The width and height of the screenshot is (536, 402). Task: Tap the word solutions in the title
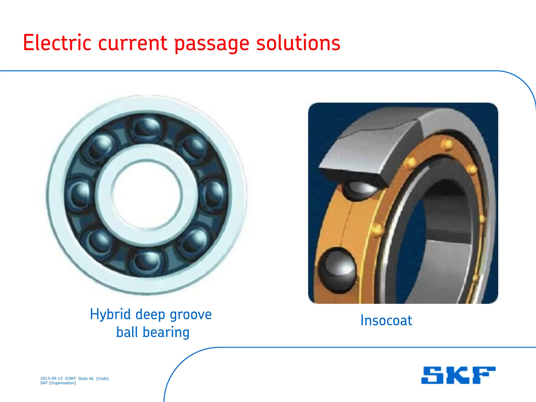point(298,43)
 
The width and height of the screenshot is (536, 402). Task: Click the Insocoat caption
point(386,320)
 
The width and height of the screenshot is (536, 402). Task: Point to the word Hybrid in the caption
point(110,315)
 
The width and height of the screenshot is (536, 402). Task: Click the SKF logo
point(458,375)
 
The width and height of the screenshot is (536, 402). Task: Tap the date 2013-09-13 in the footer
point(51,378)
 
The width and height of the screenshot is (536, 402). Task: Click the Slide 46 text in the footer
point(86,378)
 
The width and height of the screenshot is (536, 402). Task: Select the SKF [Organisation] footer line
point(58,383)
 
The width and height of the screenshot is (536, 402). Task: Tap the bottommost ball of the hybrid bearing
point(147,262)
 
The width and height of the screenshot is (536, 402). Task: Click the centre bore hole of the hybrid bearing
point(147,195)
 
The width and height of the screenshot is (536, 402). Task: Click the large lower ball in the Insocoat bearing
point(337,270)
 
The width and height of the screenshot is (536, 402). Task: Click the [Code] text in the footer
point(102,378)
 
